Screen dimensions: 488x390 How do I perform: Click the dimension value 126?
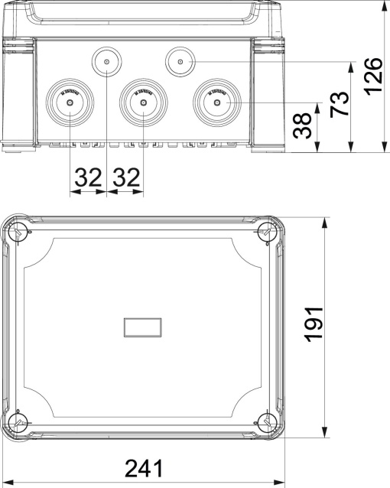(372, 77)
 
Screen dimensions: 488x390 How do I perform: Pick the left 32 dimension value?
(88, 179)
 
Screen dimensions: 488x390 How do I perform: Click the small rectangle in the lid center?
(142, 327)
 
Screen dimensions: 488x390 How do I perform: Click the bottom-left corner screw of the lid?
(19, 421)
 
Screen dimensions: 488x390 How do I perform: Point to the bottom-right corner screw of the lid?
(265, 421)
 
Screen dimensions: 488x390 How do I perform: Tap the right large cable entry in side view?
(217, 102)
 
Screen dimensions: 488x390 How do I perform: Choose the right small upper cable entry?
(180, 60)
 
